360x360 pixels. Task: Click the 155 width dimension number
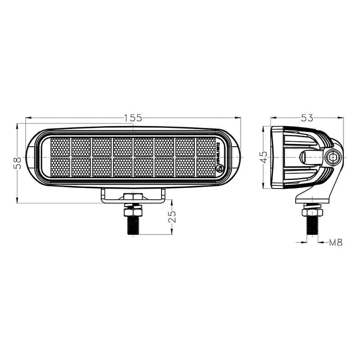(133, 118)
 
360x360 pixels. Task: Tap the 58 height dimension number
(17, 162)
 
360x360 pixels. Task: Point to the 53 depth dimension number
(307, 118)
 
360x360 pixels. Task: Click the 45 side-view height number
(264, 157)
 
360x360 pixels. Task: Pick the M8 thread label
(336, 243)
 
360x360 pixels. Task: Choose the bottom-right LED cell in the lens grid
(206, 167)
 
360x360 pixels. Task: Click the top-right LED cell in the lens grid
(206, 147)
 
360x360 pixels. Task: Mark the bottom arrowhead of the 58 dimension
(17, 201)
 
